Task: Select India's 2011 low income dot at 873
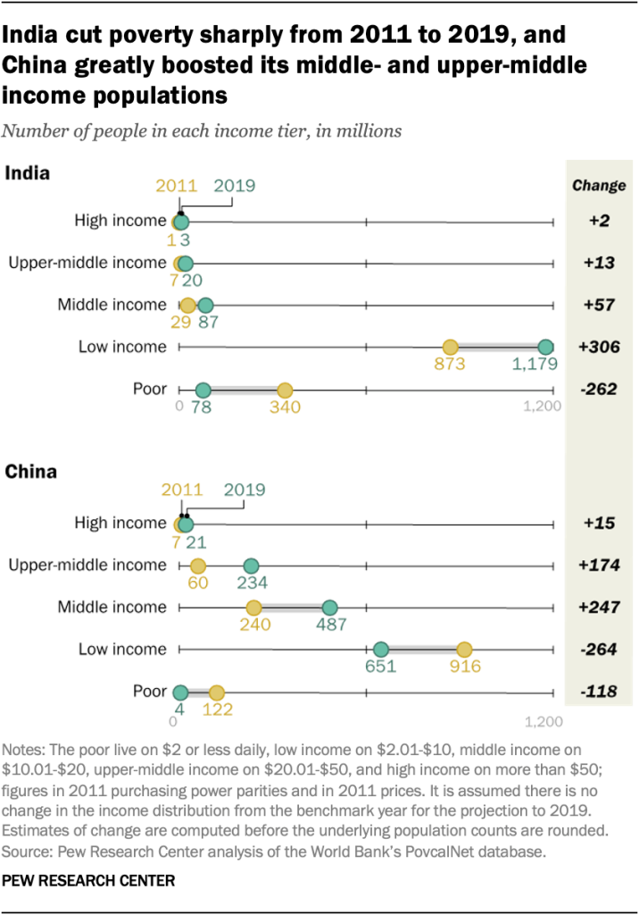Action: [451, 348]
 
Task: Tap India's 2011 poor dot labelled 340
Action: [285, 390]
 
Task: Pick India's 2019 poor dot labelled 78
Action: [203, 390]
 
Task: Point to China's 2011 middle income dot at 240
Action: [254, 608]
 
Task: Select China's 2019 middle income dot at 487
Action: [329, 608]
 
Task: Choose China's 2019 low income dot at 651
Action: [381, 651]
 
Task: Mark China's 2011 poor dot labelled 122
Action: [216, 693]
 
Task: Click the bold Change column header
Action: [598, 186]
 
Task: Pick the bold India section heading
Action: [28, 173]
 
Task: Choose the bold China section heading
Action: [30, 471]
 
